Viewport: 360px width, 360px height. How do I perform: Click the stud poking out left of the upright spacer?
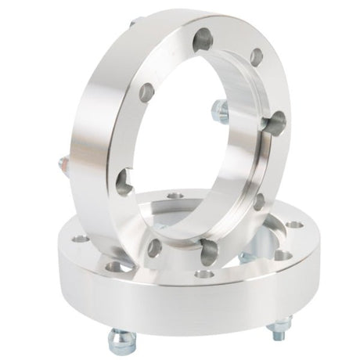(62, 163)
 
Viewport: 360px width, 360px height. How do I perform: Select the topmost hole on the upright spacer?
(203, 35)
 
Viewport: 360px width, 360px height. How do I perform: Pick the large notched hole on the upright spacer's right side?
(275, 121)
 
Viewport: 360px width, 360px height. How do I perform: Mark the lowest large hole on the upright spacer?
(210, 250)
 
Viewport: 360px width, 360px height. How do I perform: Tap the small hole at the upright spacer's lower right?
(258, 200)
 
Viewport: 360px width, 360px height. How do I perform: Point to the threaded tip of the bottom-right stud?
(280, 335)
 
